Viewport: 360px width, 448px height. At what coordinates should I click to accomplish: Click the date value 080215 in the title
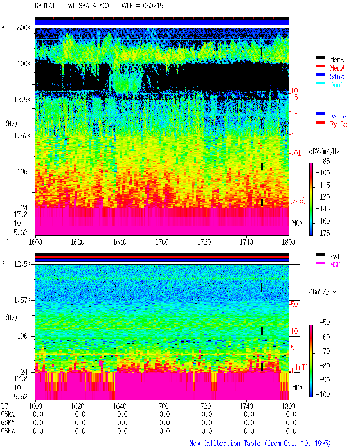(153, 6)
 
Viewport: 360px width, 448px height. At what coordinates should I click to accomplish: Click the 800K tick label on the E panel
(24, 28)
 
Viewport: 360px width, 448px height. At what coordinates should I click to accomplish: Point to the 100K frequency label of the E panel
(24, 64)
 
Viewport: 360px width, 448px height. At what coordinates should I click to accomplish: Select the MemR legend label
(337, 60)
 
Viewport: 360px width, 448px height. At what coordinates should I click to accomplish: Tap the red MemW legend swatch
(320, 66)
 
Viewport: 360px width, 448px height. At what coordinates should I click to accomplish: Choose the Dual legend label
(337, 85)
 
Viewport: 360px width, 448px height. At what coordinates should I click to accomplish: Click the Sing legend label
(337, 76)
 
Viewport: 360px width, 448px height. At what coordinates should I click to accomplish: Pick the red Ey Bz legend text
(339, 124)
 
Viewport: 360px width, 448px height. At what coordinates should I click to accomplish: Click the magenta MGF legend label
(335, 265)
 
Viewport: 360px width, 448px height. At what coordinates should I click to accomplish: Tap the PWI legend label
(335, 256)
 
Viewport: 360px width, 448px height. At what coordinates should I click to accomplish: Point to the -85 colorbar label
(325, 161)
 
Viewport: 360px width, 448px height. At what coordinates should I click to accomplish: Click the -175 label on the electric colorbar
(323, 233)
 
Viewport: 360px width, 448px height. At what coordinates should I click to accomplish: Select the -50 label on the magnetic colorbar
(325, 323)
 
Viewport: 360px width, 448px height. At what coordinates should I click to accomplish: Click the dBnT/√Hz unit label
(323, 292)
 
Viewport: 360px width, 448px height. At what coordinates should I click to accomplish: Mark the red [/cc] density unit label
(298, 201)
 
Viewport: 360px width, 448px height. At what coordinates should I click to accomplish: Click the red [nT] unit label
(302, 367)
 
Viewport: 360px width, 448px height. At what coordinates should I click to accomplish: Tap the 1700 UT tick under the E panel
(162, 242)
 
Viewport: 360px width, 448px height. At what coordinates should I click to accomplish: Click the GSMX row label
(8, 414)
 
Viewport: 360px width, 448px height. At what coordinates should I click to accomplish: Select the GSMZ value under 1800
(291, 431)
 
